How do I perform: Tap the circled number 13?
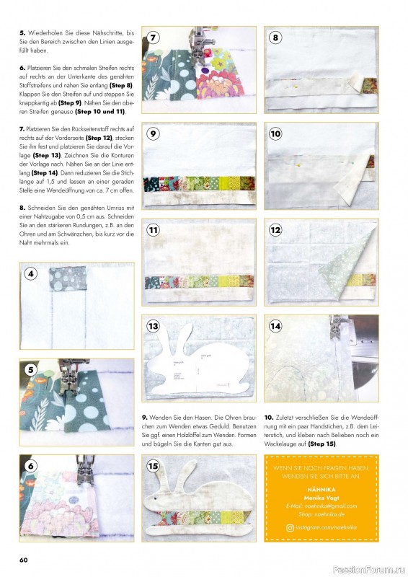pyautogui.click(x=154, y=326)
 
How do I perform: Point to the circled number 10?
pyautogui.click(x=275, y=133)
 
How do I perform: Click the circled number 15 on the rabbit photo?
pyautogui.click(x=154, y=466)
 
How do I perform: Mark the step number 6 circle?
pyautogui.click(x=31, y=465)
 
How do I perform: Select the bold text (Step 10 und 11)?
pyautogui.click(x=101, y=112)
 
